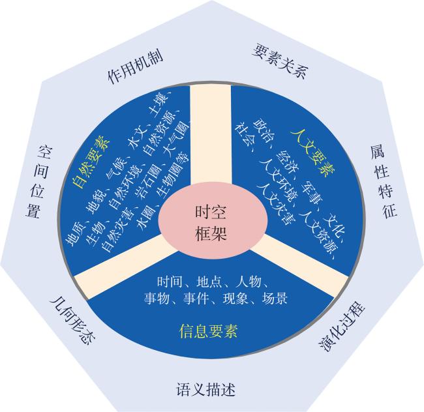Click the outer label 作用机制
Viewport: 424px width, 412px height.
click(x=135, y=66)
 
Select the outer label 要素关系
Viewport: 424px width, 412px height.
click(x=280, y=61)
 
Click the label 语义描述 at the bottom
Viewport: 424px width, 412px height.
click(x=205, y=389)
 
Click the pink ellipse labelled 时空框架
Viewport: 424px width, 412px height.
click(x=213, y=222)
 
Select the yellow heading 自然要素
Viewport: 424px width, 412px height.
click(x=91, y=162)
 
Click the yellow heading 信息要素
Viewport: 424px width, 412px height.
click(x=208, y=331)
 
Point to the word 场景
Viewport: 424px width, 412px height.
click(x=275, y=299)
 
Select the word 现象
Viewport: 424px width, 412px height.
click(x=235, y=299)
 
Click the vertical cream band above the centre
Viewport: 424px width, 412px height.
click(x=211, y=135)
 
